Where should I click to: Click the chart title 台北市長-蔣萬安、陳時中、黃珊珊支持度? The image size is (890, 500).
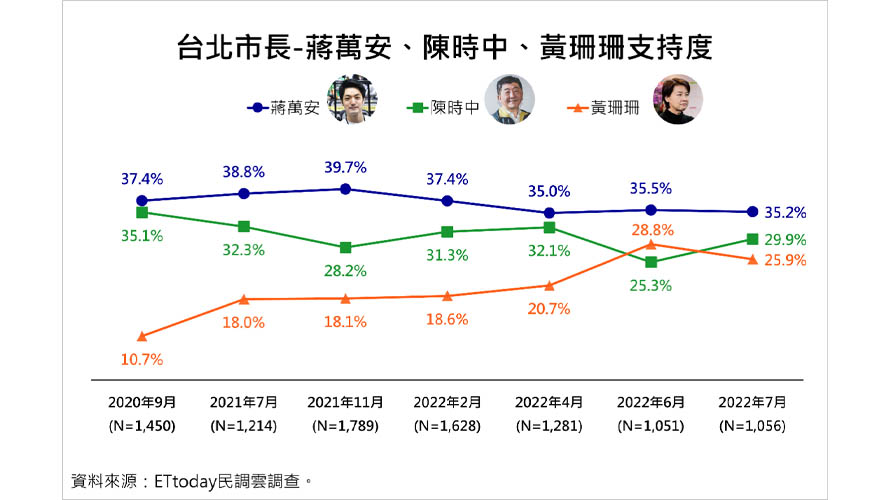coord(444,47)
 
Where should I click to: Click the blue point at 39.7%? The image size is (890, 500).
coord(345,188)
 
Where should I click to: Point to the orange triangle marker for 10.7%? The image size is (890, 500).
coord(141,336)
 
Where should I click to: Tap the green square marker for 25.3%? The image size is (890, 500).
coord(651,262)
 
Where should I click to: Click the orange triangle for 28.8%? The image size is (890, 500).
coord(651,243)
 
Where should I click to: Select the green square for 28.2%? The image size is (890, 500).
coord(345,247)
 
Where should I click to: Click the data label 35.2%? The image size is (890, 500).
coord(785,212)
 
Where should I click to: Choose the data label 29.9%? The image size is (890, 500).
coord(785,240)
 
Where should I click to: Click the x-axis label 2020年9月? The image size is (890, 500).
coord(142,402)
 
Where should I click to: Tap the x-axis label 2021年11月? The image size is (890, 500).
coord(346,402)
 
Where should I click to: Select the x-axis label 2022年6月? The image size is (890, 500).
coord(651,402)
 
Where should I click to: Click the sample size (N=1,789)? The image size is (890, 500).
coord(346,424)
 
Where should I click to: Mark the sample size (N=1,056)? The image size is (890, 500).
coord(752,424)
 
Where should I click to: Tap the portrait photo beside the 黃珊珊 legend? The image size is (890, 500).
coord(677,101)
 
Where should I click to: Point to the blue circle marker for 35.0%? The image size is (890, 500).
coord(549,212)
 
